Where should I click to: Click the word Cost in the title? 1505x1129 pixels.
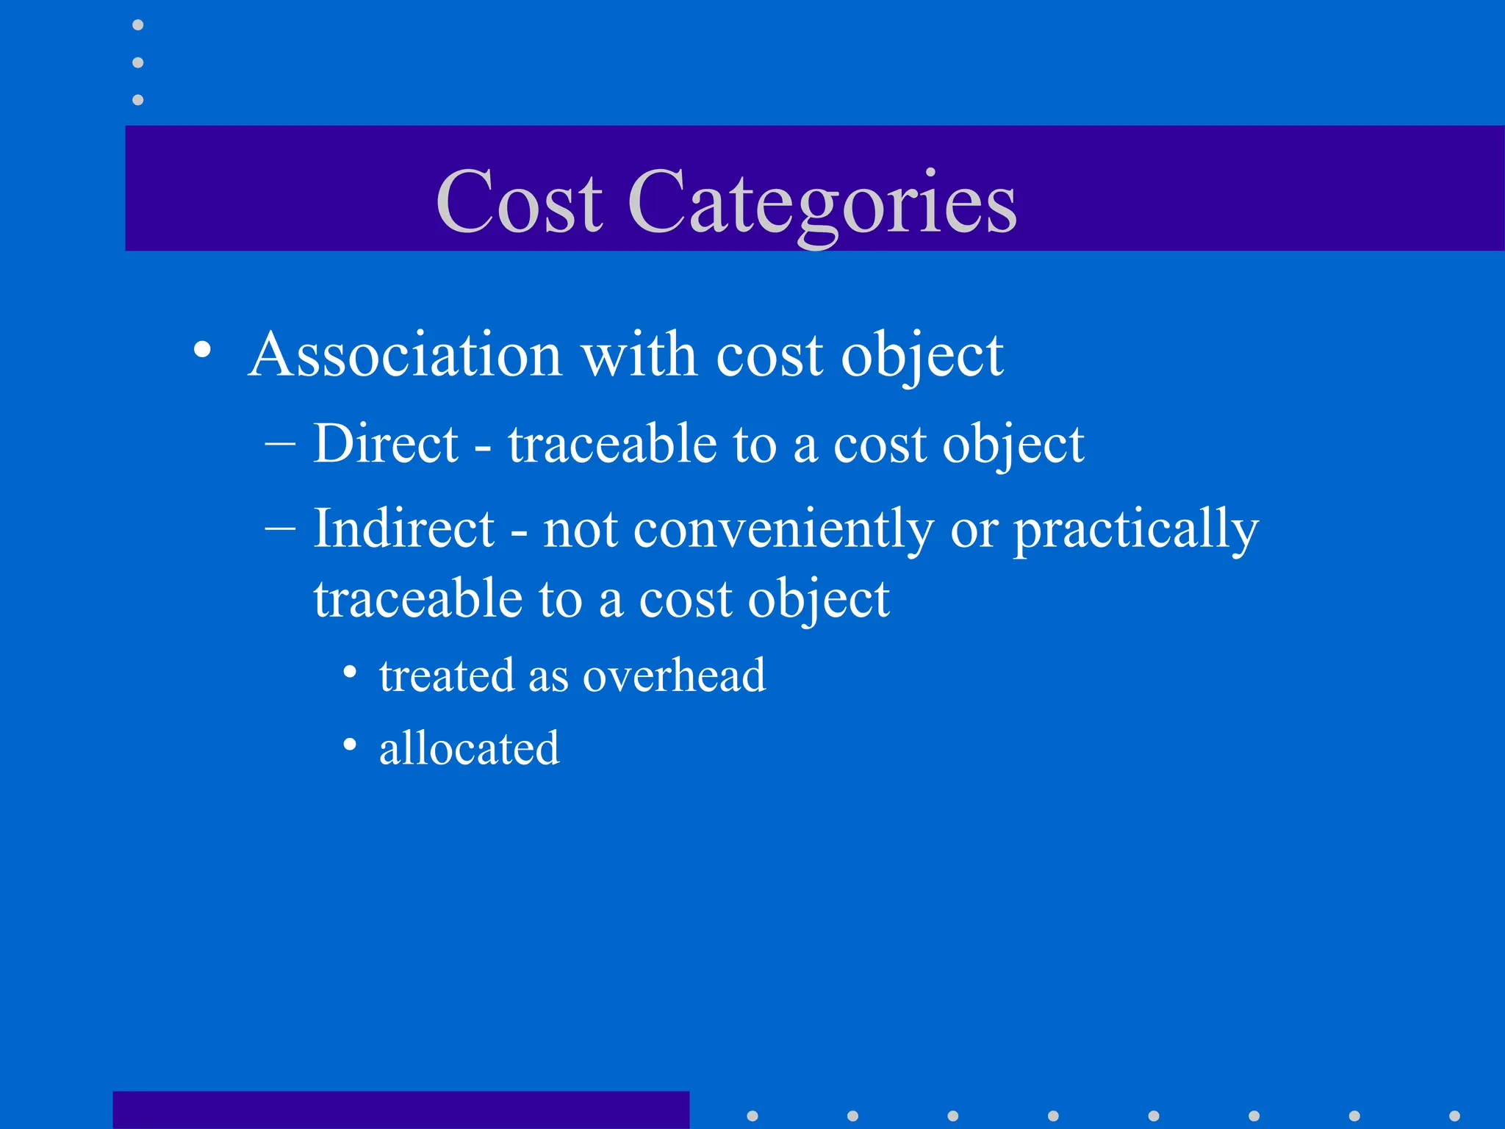(x=519, y=201)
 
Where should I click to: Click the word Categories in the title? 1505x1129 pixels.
(x=822, y=203)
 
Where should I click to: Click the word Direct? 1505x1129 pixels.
(x=386, y=444)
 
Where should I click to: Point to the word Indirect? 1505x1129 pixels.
(x=403, y=528)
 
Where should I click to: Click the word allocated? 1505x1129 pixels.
(x=469, y=748)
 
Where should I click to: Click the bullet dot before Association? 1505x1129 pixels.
(x=203, y=349)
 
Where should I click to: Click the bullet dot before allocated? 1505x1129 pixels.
(x=351, y=745)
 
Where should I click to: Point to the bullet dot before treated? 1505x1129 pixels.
(x=351, y=671)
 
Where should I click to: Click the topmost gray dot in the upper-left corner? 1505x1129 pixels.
(x=138, y=25)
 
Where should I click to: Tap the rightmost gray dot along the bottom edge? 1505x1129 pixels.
(x=1454, y=1116)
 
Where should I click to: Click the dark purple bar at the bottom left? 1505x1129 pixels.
(x=401, y=1110)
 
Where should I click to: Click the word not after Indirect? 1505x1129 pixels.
(x=580, y=529)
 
